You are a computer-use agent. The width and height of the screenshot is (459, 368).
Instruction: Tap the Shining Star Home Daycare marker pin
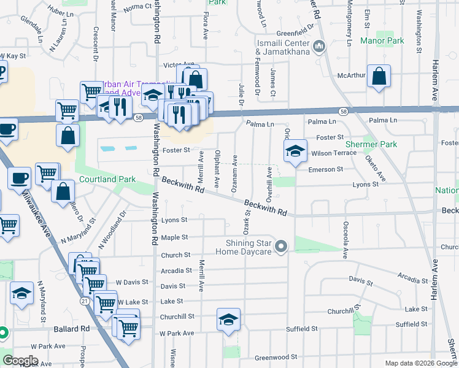click(x=282, y=247)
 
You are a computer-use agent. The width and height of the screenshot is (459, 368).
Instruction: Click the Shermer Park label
click(x=376, y=145)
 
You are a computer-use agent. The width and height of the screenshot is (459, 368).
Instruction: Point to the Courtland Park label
click(x=108, y=180)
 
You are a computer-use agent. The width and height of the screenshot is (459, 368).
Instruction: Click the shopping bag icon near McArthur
click(x=379, y=77)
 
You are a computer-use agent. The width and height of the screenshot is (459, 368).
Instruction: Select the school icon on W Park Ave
click(x=228, y=320)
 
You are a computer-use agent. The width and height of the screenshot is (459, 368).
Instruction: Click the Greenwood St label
click(x=276, y=357)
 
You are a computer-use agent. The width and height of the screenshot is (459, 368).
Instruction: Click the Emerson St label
click(x=325, y=169)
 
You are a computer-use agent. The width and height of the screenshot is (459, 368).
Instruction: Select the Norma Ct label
click(x=137, y=8)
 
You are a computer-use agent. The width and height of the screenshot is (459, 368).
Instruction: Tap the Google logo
click(x=20, y=361)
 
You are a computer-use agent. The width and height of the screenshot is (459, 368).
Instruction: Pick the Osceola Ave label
click(x=345, y=239)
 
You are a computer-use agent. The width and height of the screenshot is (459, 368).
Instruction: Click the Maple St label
click(x=174, y=237)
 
